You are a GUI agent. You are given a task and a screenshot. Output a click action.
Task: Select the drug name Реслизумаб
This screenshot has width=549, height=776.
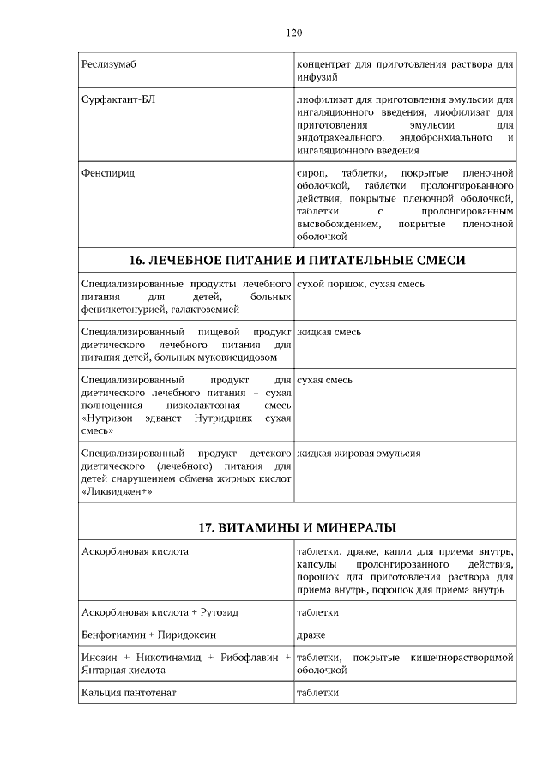109,64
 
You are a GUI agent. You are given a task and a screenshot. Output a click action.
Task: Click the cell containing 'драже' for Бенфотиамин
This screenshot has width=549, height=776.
311,635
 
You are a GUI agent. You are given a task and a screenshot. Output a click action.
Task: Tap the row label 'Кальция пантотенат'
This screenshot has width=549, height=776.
129,692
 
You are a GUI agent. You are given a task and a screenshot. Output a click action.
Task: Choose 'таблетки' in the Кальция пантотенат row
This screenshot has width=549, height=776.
317,692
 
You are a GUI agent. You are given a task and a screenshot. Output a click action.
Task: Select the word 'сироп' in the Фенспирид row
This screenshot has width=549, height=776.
311,173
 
